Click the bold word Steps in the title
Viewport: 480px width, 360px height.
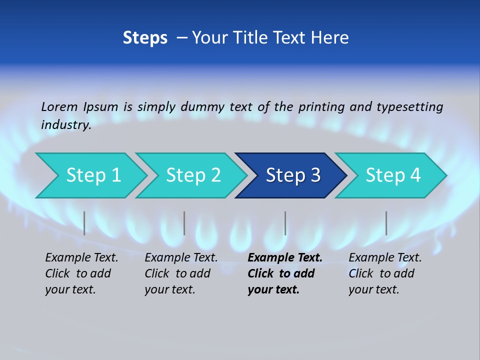coord(145,38)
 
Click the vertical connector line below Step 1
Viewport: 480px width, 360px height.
coord(84,223)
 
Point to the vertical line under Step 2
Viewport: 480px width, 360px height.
coord(184,223)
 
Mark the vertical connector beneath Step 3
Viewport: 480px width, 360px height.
coord(285,223)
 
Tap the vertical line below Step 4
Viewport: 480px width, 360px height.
coord(386,223)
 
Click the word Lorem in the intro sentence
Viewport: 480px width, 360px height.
coord(59,106)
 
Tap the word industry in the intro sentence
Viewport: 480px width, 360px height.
coord(65,125)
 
